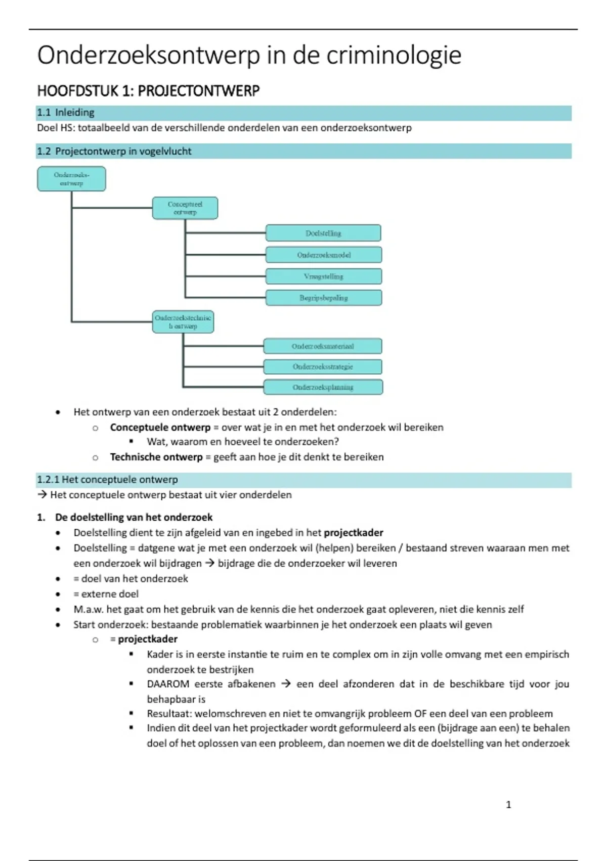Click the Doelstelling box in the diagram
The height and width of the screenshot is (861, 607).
(323, 233)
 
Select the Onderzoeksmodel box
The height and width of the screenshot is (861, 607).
(324, 255)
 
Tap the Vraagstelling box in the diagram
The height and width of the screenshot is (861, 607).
(324, 277)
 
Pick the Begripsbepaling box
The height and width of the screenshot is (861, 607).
(324, 298)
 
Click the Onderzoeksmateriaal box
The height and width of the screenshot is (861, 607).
(323, 346)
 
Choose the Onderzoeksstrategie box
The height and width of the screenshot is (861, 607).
(323, 367)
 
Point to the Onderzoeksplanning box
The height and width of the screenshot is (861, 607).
(323, 387)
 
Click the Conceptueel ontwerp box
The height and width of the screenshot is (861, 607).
(185, 208)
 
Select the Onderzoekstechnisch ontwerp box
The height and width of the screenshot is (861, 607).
(183, 322)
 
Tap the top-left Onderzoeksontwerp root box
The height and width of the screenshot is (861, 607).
(71, 179)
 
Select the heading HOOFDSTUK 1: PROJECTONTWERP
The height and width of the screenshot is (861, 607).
(148, 91)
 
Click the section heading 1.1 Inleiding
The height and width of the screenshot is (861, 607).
(66, 112)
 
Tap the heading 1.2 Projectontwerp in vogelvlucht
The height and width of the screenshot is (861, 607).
(114, 151)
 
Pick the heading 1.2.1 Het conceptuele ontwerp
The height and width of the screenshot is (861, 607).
(107, 479)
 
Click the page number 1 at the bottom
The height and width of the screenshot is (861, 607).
(508, 804)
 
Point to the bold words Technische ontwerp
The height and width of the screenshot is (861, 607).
(156, 457)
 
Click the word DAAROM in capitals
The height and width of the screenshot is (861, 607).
(168, 684)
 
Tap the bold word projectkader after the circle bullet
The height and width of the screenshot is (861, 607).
(148, 639)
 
